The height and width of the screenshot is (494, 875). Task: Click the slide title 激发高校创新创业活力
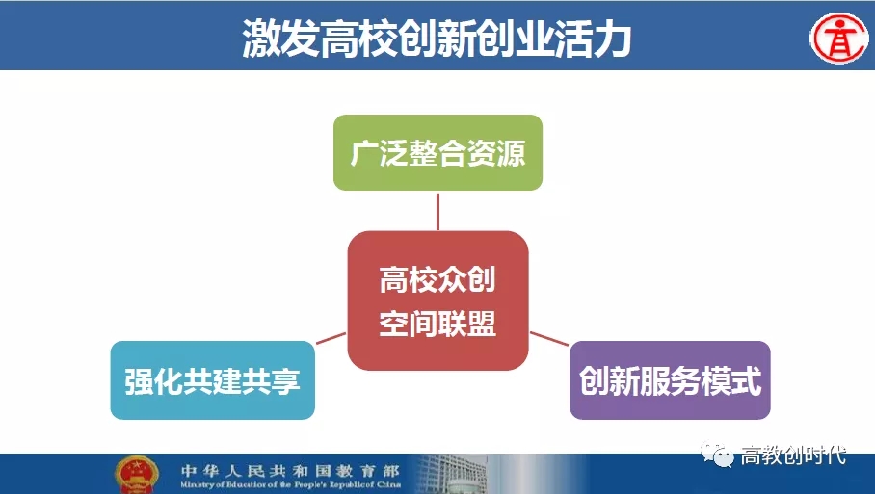pos(437,39)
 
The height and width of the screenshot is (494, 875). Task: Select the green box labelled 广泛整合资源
pos(438,153)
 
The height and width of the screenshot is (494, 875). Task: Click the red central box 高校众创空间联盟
pos(438,300)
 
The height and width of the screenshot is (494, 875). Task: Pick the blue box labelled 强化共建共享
pos(213,380)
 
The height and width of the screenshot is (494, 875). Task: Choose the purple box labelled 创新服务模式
pos(670,380)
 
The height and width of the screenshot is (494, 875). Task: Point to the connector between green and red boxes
pos(438,211)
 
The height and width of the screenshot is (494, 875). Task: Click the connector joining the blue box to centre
pos(331,338)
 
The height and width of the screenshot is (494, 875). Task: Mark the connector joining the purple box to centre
pos(549,338)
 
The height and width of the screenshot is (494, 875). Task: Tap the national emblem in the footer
pos(137,475)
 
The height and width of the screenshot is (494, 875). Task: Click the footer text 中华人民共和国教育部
pos(290,471)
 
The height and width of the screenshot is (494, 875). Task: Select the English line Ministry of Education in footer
pos(290,485)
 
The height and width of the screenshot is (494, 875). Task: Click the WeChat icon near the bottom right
pos(718,455)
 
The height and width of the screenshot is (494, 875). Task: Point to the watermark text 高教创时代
pos(793,455)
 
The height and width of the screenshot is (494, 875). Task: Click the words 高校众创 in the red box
pos(437,279)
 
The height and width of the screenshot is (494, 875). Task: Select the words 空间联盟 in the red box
pos(437,324)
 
